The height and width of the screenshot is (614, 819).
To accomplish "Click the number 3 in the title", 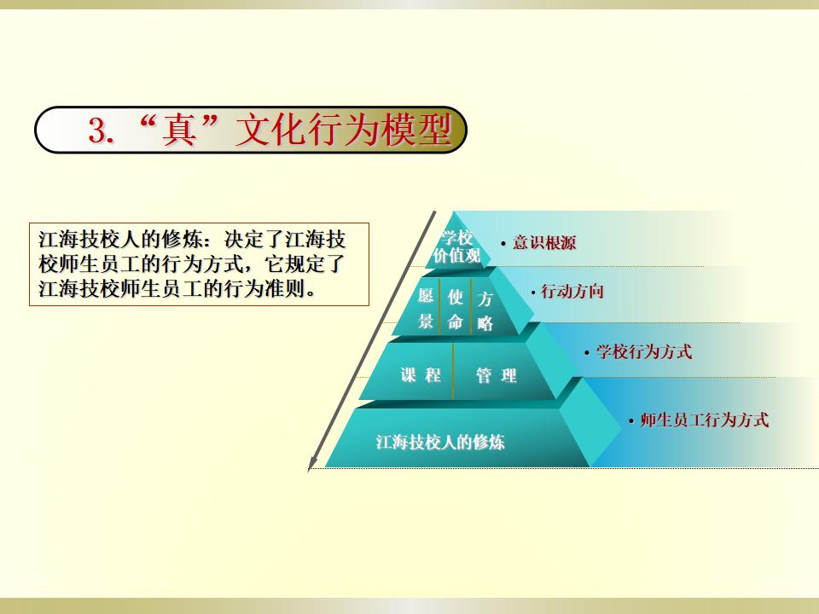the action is (97, 130).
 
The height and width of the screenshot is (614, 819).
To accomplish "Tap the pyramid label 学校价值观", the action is (456, 246).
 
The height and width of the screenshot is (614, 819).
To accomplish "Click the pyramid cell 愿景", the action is (426, 309).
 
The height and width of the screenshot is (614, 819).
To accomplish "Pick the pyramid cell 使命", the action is (456, 310).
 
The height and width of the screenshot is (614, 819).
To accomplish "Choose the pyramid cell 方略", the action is (485, 311).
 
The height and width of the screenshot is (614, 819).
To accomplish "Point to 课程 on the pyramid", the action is (421, 375).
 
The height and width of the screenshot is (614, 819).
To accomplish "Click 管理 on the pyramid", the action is (497, 375).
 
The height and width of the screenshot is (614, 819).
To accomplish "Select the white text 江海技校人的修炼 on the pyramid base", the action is (440, 443).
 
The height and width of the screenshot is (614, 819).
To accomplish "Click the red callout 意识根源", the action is (544, 243).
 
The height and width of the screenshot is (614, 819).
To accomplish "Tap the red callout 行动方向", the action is (572, 292).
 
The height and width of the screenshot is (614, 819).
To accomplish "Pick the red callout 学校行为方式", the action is (645, 351).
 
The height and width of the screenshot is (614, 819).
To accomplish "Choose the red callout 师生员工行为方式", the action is (705, 420).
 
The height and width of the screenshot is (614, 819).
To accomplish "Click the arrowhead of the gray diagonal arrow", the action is (311, 464).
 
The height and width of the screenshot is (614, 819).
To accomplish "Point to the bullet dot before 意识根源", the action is (503, 243).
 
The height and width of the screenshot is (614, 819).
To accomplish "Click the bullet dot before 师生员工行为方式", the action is (631, 420).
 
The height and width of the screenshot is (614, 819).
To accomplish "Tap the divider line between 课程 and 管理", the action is (453, 371).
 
